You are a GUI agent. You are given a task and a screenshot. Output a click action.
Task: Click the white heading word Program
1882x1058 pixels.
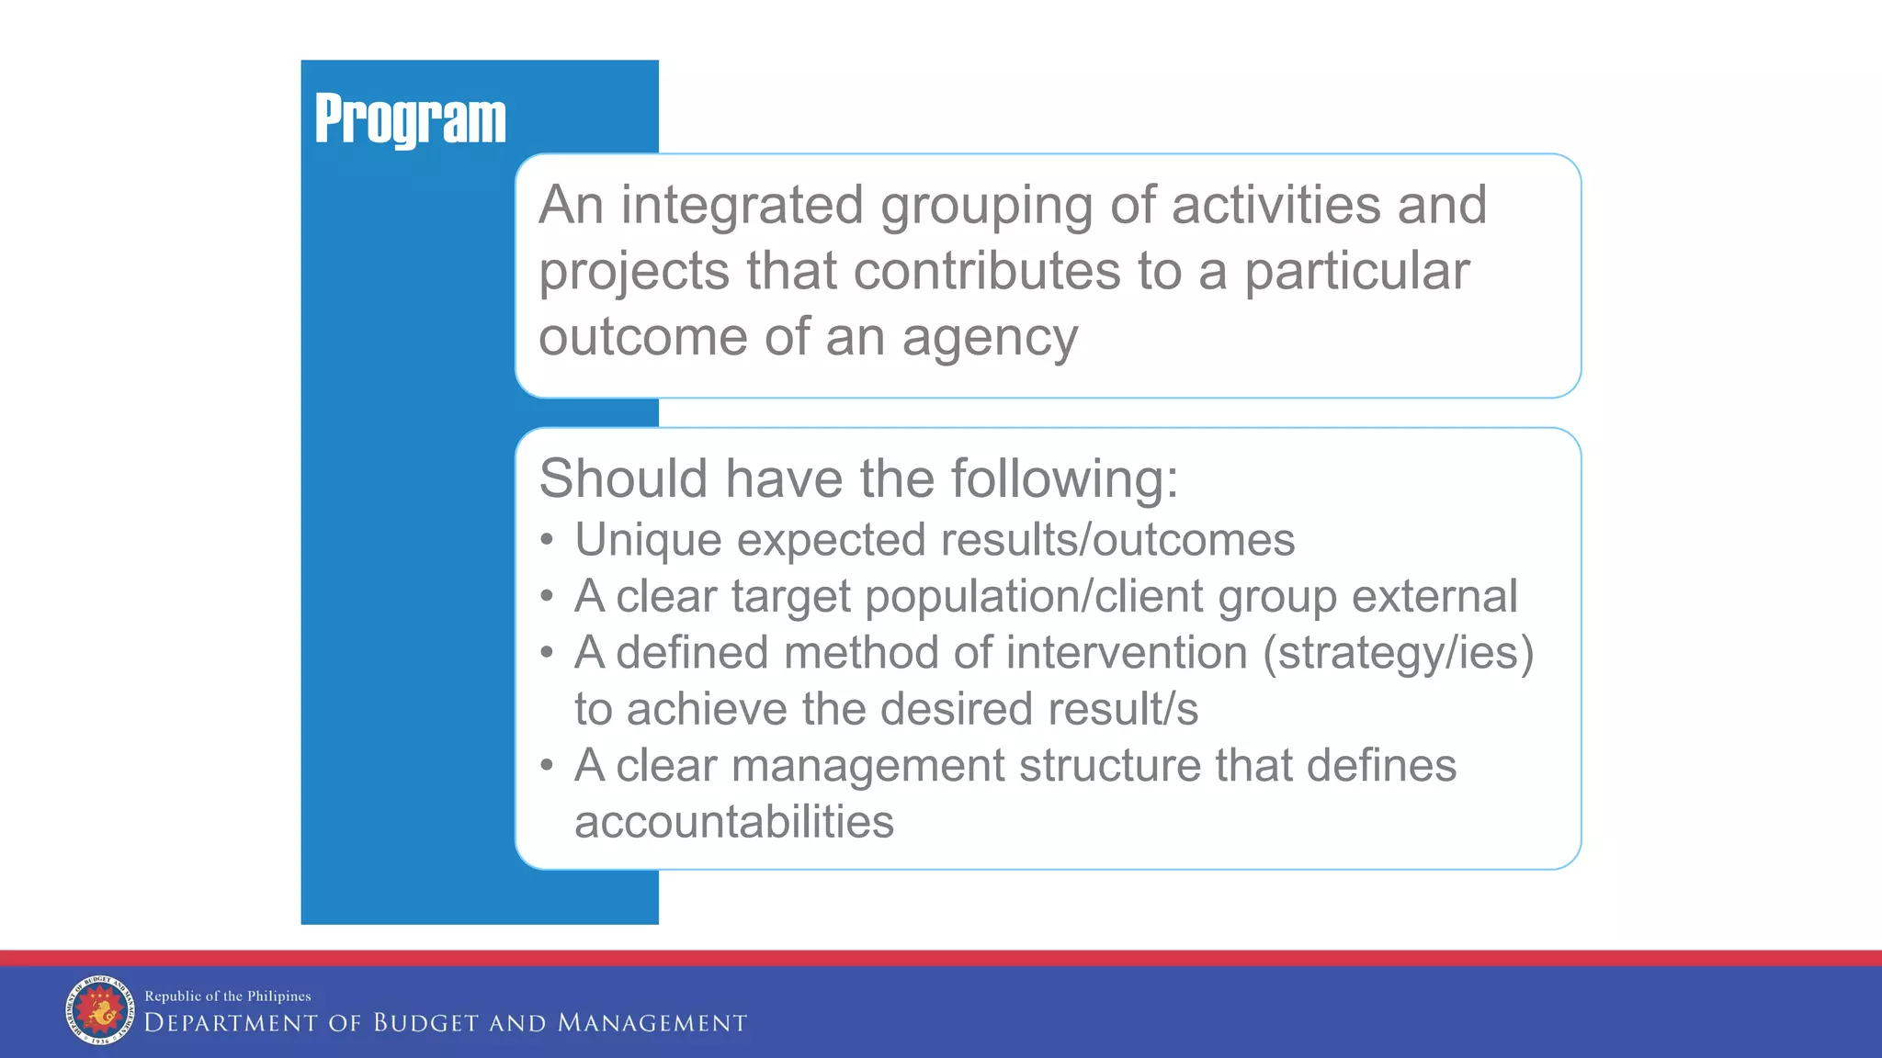pos(410,119)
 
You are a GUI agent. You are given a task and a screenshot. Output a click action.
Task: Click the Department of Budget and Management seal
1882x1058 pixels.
pos(99,1010)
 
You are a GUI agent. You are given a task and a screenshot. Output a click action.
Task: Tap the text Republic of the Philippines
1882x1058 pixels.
pos(228,996)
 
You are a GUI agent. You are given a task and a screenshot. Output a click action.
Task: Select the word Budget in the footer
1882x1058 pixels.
pos(425,1023)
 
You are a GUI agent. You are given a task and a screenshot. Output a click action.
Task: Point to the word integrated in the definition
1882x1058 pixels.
pos(742,205)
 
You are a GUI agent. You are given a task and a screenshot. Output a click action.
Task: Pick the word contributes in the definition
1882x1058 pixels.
pos(987,272)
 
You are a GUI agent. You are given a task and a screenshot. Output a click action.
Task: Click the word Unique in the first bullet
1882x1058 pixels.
pos(648,540)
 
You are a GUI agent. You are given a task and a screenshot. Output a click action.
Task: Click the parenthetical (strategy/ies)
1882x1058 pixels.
pos(1398,654)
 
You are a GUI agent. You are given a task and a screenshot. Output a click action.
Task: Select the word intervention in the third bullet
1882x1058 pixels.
pos(1127,653)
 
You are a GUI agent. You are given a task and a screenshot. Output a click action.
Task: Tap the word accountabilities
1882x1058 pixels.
pos(733,822)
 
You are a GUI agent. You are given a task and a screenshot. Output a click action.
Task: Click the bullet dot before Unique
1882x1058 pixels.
pos(547,540)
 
